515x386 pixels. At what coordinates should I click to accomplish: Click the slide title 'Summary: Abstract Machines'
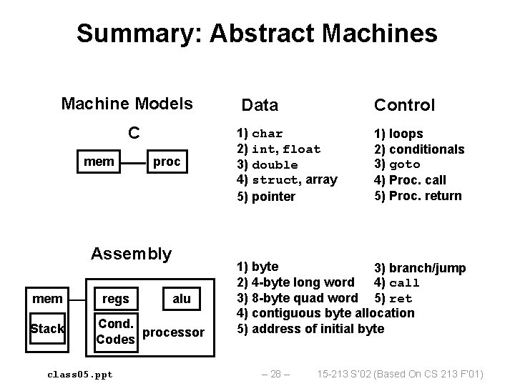coord(257,33)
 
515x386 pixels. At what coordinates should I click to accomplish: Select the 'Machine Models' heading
coord(127,104)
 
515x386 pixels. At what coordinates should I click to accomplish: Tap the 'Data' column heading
coord(260,106)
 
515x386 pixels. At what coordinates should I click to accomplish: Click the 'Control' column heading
coord(404,106)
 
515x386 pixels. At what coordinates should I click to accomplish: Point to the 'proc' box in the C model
coord(167,162)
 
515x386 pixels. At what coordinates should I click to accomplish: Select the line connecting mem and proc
coord(133,162)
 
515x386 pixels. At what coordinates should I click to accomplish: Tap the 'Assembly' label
coord(132,254)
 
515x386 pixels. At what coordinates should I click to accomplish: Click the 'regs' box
coord(116,298)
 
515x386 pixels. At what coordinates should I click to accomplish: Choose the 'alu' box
coord(182,298)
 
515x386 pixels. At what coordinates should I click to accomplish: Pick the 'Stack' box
coord(46,329)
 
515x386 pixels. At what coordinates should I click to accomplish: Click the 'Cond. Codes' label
coord(116,331)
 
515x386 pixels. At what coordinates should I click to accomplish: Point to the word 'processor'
coord(174,332)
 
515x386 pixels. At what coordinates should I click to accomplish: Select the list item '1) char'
coord(260,134)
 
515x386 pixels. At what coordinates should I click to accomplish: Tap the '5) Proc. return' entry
coord(418,196)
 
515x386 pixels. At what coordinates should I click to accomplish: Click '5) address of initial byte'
coord(310,329)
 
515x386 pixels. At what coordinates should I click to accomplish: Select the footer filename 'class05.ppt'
coord(79,374)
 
